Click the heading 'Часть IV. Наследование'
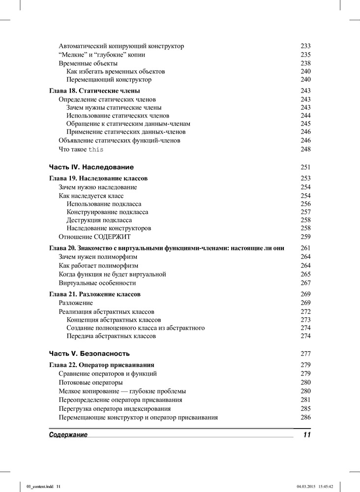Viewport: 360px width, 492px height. click(91, 167)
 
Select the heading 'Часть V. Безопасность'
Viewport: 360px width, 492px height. click(90, 354)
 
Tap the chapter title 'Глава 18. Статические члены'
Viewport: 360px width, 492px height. click(95, 91)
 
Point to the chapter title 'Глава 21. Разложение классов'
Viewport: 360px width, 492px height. click(95, 294)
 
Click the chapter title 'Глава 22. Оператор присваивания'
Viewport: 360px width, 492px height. click(102, 365)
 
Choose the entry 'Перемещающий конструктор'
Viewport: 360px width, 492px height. click(109, 80)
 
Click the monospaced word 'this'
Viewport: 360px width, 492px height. click(96, 150)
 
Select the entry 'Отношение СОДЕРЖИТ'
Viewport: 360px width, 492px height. click(95, 237)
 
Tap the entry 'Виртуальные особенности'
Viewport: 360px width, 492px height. click(97, 283)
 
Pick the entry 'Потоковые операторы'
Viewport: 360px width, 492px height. click(90, 382)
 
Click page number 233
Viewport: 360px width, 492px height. click(305, 46)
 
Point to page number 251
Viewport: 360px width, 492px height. click(305, 167)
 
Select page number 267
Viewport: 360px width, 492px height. click(305, 283)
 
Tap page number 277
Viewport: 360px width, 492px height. click(305, 354)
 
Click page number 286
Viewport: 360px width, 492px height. click(305, 418)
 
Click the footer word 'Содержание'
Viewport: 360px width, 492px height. click(68, 435)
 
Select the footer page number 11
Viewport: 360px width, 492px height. click(307, 435)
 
